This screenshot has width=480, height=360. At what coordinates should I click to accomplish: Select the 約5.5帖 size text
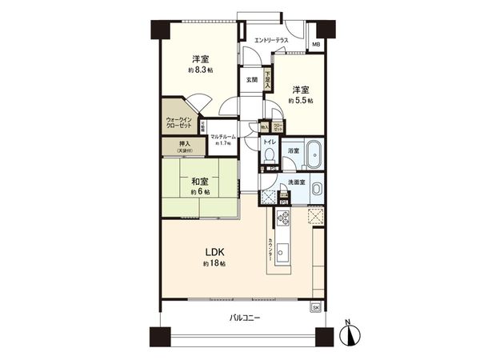300,101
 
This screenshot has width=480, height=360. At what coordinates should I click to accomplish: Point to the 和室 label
200,182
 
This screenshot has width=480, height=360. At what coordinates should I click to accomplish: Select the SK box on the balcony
315,307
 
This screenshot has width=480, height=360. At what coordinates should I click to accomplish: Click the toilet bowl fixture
270,155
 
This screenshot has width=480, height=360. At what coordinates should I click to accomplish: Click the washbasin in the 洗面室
316,190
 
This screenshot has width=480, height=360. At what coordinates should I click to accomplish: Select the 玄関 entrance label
251,79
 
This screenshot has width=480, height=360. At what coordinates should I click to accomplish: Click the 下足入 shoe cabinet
268,80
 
